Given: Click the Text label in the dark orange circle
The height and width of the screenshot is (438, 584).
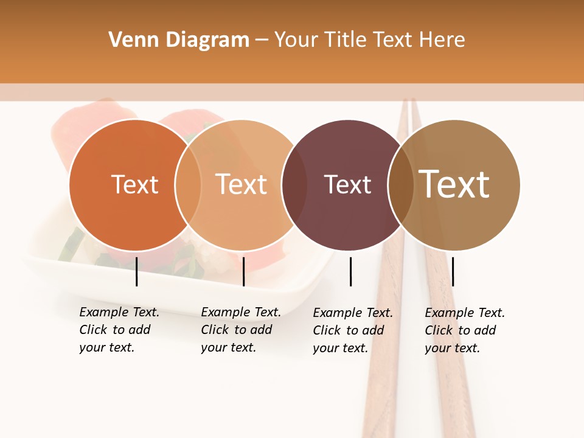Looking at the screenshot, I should click(x=134, y=184).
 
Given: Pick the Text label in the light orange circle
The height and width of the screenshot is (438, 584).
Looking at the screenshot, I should click(x=242, y=184).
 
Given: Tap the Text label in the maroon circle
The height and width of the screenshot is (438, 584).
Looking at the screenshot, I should click(x=347, y=185).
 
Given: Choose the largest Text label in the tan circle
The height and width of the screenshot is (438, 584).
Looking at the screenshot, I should click(x=454, y=184).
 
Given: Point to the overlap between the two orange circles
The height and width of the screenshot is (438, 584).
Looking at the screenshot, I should click(x=188, y=185).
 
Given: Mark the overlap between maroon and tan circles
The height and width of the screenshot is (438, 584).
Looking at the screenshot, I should click(x=400, y=185).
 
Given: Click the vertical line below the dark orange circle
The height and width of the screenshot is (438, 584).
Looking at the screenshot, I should click(x=137, y=271).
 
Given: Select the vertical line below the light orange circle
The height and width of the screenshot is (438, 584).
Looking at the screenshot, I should click(x=243, y=271).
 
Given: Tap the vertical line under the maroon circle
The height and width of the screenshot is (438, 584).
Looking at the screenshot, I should click(x=350, y=271).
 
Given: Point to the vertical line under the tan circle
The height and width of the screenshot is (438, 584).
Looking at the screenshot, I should click(x=453, y=271).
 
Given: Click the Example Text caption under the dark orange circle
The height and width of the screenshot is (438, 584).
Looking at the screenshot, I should click(x=119, y=330).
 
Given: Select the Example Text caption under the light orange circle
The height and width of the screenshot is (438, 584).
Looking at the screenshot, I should click(x=241, y=330).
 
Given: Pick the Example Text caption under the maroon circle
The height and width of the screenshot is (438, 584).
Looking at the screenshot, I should click(x=353, y=330).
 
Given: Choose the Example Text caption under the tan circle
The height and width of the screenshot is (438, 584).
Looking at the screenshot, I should click(x=465, y=330).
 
